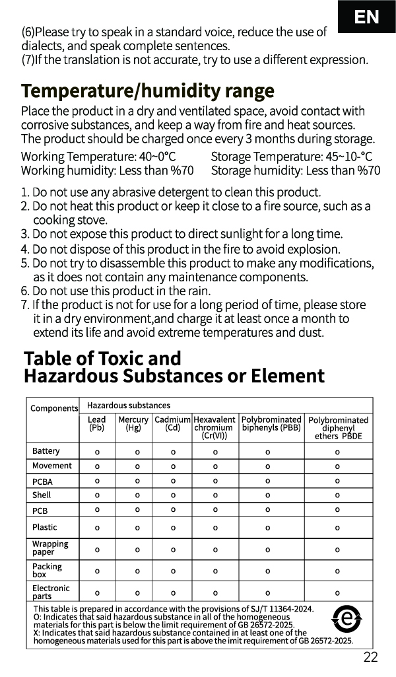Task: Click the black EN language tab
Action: (x=366, y=17)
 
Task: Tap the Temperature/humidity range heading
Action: (x=147, y=90)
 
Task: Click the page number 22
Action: (x=370, y=657)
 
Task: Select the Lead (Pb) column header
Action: (x=96, y=423)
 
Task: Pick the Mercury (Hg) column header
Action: (x=133, y=423)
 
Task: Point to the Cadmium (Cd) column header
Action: (x=172, y=423)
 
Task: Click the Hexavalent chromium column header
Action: (x=214, y=427)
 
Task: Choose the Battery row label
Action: (x=46, y=451)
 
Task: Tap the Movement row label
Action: (x=48, y=466)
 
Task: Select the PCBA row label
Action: (x=42, y=481)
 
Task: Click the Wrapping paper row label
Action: (x=50, y=548)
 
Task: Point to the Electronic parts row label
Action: (x=51, y=592)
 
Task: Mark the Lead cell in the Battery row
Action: (x=97, y=452)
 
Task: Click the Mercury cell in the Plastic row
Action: (x=137, y=528)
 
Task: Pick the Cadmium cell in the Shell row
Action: (x=173, y=495)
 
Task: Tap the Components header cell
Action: (x=53, y=408)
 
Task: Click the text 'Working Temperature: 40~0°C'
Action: (x=98, y=157)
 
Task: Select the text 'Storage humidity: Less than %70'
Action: (x=295, y=170)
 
